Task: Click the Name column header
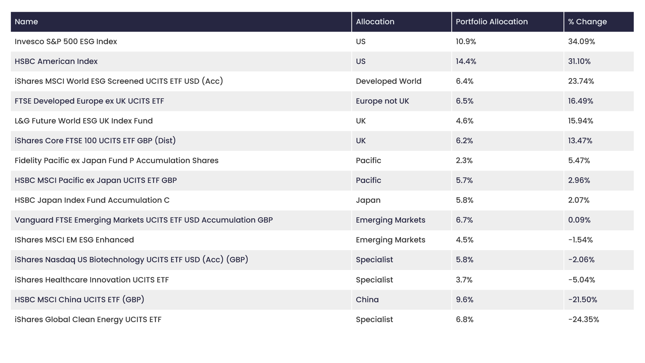pos(26,22)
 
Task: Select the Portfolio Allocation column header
pos(491,22)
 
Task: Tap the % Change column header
pos(587,22)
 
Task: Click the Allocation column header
pos(375,22)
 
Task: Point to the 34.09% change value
pos(581,42)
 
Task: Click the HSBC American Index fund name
pos(56,61)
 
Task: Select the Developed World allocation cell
pos(389,81)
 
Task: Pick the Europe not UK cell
pos(382,101)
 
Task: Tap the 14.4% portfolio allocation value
pos(466,61)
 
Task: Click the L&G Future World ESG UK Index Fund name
pos(84,121)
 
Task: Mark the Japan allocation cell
pos(368,200)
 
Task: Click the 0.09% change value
pos(579,220)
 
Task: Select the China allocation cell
pos(367,300)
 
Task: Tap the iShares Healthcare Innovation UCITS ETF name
pos(92,280)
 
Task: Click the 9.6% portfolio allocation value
pos(464,300)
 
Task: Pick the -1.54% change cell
pos(580,240)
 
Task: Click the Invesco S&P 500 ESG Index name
pos(66,42)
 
